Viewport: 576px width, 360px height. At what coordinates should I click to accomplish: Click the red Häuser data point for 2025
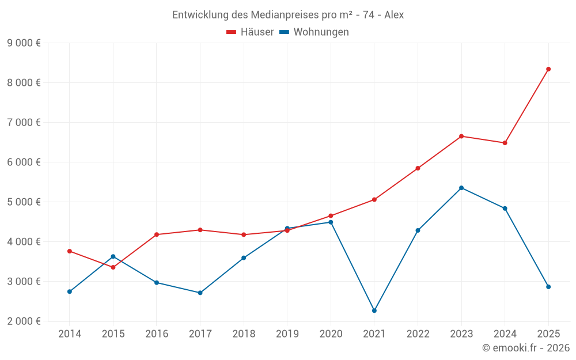click(548, 69)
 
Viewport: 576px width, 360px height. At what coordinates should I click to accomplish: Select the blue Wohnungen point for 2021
click(374, 310)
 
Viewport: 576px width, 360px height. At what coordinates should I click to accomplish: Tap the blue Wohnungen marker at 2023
click(461, 188)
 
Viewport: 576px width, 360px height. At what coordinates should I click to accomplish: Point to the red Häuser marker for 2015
click(113, 267)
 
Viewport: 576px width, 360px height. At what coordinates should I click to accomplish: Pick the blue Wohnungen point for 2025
click(548, 287)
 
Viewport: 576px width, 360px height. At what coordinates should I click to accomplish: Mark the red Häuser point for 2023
click(461, 136)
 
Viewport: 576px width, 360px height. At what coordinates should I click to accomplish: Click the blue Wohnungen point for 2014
click(70, 291)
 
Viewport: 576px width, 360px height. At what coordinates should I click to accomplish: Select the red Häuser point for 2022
click(418, 168)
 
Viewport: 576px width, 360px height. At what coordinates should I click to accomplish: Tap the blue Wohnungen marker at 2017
click(200, 293)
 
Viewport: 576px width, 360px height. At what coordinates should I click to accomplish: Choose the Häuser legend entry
click(250, 32)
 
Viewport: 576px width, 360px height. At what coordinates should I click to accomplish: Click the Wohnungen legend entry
click(314, 32)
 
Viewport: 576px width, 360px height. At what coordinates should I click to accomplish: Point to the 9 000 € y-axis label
click(24, 43)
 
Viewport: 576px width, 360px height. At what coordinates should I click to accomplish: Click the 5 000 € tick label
click(24, 202)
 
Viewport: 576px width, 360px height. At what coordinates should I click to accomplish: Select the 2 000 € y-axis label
click(24, 321)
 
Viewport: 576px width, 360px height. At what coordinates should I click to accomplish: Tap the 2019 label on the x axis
click(287, 334)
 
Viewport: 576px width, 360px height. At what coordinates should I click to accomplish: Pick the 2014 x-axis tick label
click(70, 334)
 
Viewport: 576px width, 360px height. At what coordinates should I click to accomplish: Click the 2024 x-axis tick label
click(505, 334)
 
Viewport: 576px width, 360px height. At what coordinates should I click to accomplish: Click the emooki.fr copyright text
click(525, 348)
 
